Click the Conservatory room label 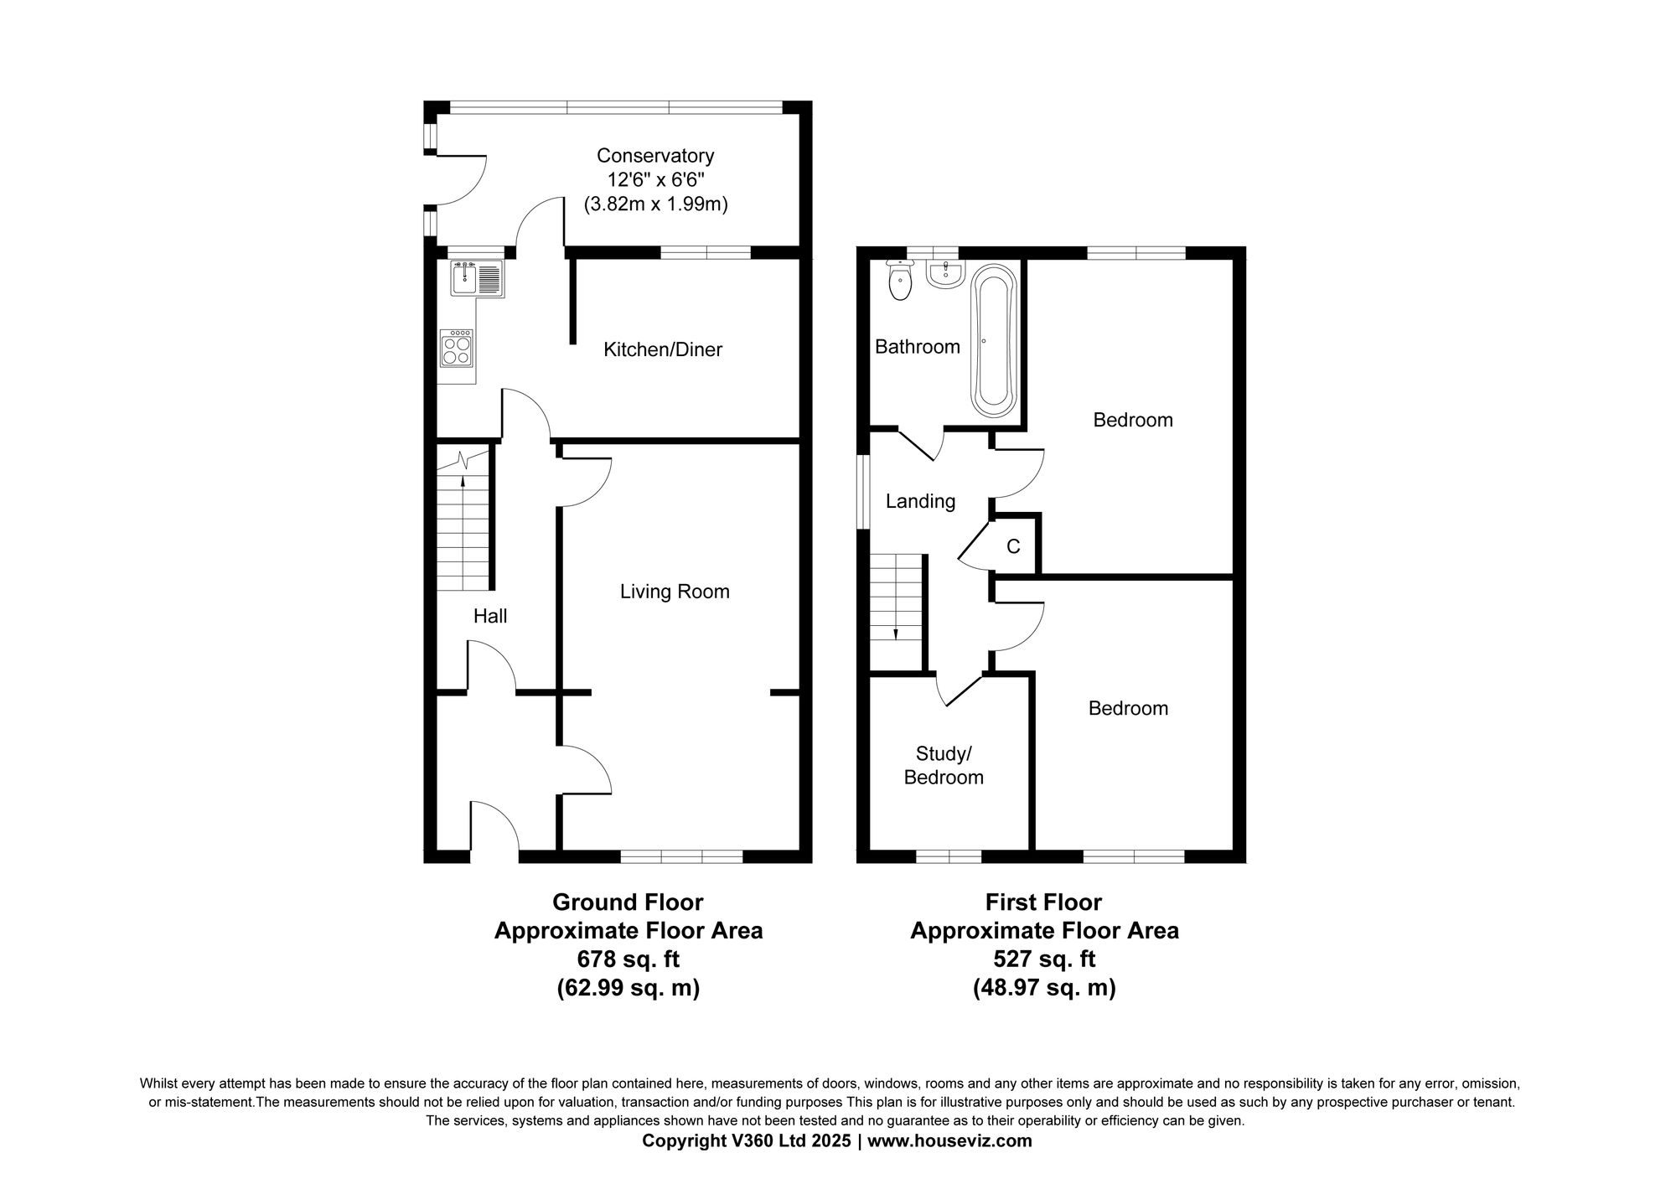[654, 156]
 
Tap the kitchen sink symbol [476, 277]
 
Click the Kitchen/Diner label [663, 350]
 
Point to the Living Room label [675, 592]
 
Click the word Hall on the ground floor [490, 617]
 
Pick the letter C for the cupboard [1013, 547]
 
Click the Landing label [920, 501]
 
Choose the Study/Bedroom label [944, 765]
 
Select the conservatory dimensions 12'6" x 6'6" [654, 179]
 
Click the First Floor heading [1043, 902]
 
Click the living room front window [681, 856]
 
